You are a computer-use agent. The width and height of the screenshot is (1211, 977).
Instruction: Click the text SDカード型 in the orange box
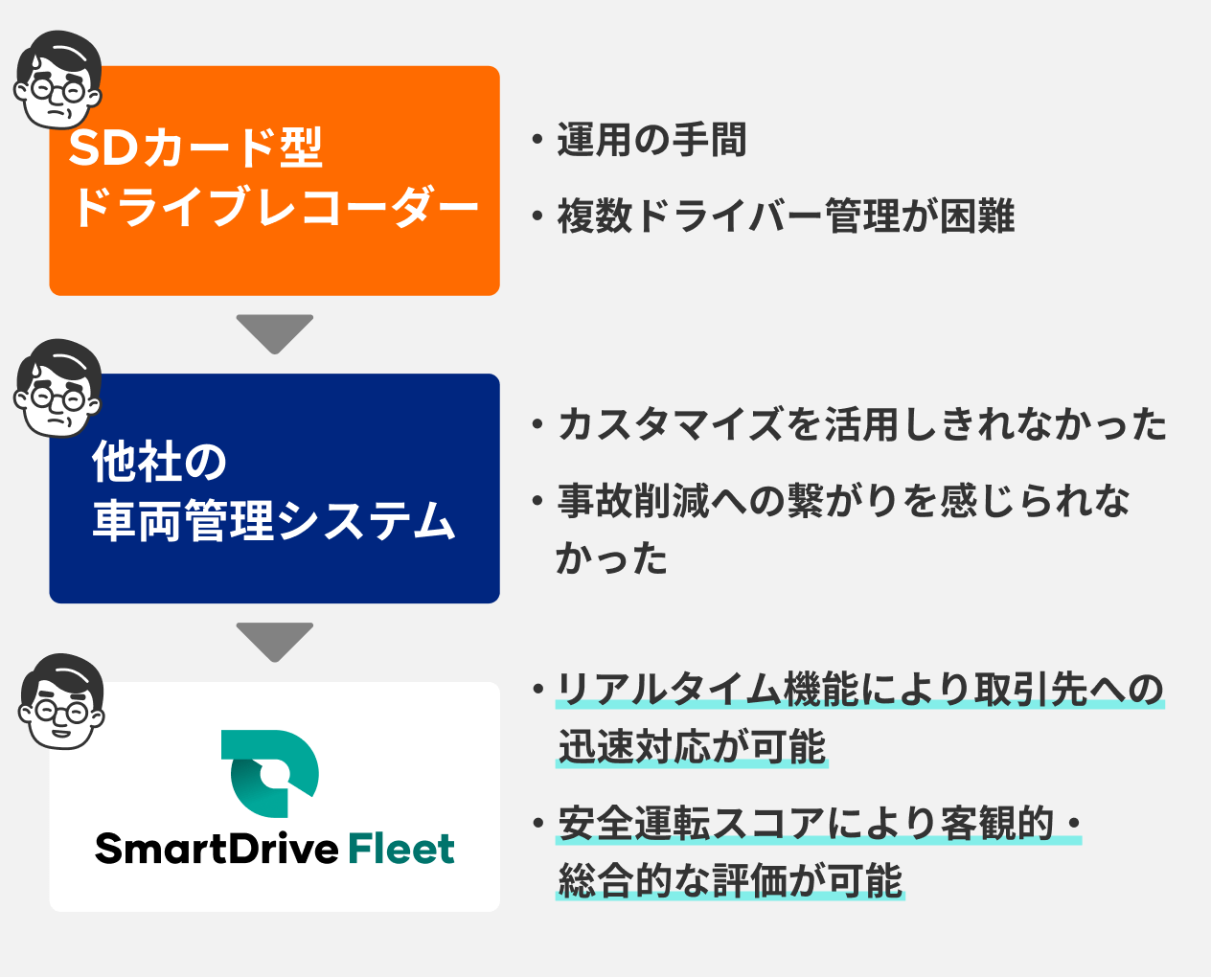(x=195, y=148)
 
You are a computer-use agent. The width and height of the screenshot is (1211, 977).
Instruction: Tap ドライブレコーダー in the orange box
(x=276, y=207)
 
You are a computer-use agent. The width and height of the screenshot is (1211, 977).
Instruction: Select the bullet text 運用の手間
(x=651, y=140)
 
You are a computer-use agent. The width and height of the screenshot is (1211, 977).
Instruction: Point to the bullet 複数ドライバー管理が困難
(x=786, y=216)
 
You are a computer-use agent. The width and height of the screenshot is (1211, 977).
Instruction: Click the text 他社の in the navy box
(x=160, y=462)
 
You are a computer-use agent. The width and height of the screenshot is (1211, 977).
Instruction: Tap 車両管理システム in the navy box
(x=274, y=520)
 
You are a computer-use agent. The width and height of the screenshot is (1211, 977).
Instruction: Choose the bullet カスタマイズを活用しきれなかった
(x=861, y=424)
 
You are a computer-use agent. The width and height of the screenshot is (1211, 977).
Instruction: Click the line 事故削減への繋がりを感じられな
(x=843, y=500)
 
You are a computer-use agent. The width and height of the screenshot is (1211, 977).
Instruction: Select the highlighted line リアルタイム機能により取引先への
(x=859, y=690)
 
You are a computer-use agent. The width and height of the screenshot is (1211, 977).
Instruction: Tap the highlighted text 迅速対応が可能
(x=692, y=747)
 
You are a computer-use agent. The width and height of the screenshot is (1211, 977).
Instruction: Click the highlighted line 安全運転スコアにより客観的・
(x=819, y=824)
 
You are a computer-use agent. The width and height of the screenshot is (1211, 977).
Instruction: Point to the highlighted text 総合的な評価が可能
(x=730, y=881)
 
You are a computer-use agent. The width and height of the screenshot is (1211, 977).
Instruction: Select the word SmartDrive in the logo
(x=217, y=849)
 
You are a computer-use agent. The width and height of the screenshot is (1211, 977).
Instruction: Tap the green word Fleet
(x=401, y=849)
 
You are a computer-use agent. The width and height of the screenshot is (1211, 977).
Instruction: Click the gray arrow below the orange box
(x=275, y=332)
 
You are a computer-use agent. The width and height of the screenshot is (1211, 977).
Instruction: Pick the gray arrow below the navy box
(x=275, y=641)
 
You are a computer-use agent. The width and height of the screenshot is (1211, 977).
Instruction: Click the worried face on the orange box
(x=57, y=80)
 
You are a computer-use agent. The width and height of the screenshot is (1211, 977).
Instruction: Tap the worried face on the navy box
(x=57, y=388)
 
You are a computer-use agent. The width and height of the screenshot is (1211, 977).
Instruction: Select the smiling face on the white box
(x=61, y=701)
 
